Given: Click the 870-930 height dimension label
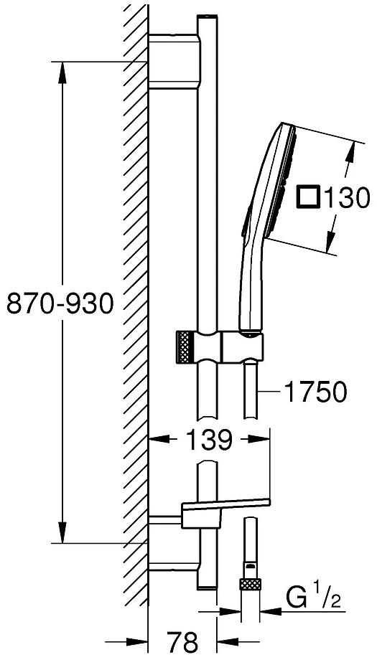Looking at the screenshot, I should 60,304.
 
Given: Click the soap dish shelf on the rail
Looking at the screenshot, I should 226,511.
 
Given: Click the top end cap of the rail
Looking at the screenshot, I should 206,15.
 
